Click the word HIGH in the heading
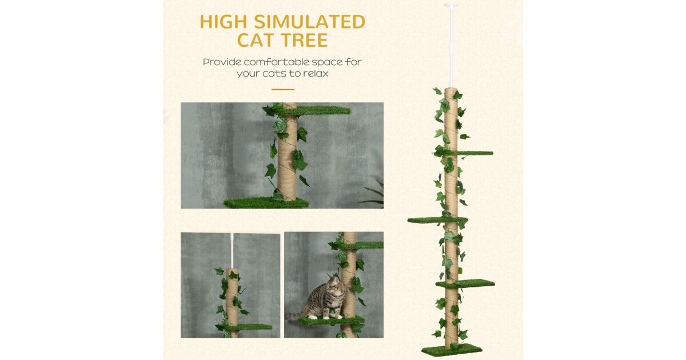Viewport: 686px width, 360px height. pos(224,22)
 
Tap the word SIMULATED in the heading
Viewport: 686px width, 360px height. pos(310,22)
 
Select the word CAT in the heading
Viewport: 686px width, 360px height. pos(257,40)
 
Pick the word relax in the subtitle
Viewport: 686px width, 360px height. pos(316,74)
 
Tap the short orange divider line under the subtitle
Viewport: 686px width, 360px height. pos(282,89)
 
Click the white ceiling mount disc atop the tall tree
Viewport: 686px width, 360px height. pos(450,5)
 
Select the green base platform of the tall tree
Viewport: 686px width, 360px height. pos(452,350)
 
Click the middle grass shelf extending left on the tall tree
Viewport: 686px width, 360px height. pos(437,220)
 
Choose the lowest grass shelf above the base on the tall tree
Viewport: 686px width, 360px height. pos(465,283)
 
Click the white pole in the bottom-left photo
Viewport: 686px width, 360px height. pos(232,251)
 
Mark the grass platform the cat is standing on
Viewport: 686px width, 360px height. pos(331,321)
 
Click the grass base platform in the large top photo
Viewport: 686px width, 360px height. pos(266,203)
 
